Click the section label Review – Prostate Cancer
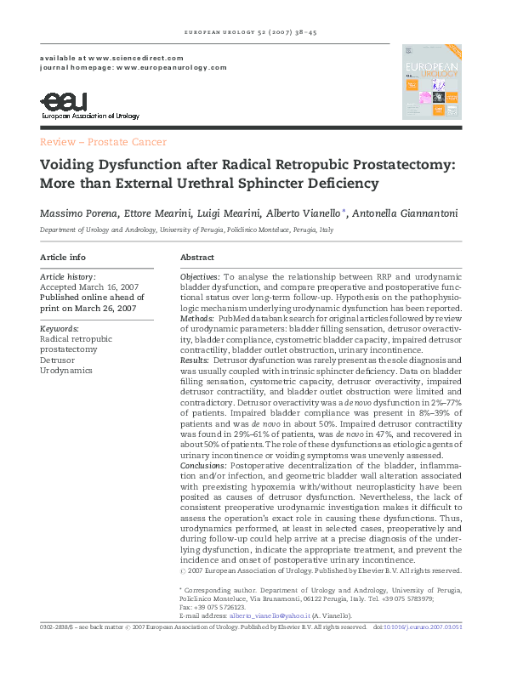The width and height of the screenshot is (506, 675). tap(103, 142)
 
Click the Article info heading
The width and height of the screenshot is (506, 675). tap(62, 257)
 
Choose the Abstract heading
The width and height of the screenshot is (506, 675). tap(197, 257)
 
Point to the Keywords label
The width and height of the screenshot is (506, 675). tap(60, 327)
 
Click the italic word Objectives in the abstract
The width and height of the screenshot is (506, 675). tap(200, 277)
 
